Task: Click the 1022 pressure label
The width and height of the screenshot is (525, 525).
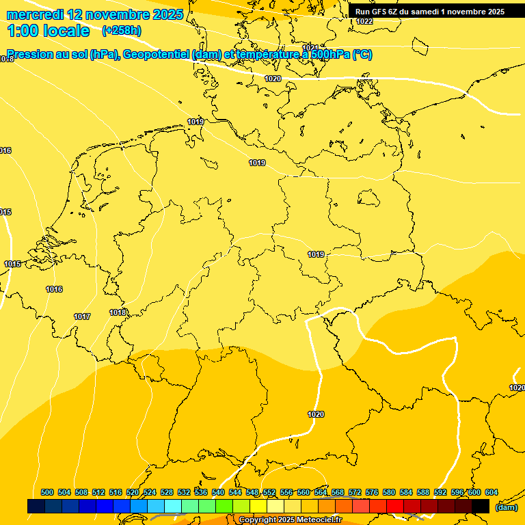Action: [x=364, y=21]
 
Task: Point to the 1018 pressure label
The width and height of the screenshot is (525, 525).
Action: [x=118, y=312]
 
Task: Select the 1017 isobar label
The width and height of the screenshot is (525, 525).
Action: [x=82, y=317]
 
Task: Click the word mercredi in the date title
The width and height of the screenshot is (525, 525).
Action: [x=35, y=14]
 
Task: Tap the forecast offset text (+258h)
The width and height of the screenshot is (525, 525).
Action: [x=122, y=30]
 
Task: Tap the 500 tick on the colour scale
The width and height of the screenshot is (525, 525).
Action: [x=47, y=492]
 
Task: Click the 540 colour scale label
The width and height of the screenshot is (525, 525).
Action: [x=218, y=492]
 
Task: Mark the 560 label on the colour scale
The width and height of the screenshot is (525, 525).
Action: [x=304, y=492]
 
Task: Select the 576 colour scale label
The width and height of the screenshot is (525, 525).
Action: [x=372, y=492]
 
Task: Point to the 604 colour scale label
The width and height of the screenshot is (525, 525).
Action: [x=492, y=492]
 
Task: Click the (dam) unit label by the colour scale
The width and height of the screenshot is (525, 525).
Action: [x=506, y=507]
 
